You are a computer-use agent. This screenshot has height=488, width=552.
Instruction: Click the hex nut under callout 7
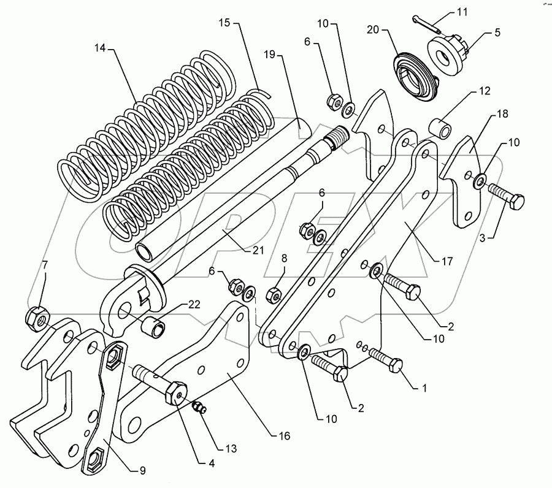[35, 317]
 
